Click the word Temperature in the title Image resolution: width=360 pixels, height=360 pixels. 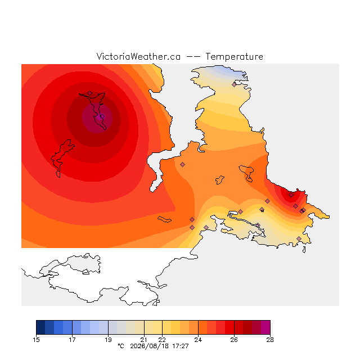[234, 56]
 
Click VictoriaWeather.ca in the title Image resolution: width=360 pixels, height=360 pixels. [138, 56]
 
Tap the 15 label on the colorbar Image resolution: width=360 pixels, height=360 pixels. [36, 340]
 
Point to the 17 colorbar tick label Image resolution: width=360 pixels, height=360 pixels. [72, 340]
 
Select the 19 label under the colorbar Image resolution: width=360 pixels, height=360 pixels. [108, 340]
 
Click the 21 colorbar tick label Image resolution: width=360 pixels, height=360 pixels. [144, 340]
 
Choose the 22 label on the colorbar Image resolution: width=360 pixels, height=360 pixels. [162, 340]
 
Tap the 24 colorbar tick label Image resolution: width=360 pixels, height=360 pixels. [198, 340]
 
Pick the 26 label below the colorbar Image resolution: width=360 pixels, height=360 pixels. [234, 340]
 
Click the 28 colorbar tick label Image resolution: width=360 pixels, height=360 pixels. [270, 340]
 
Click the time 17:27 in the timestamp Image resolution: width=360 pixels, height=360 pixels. [181, 346]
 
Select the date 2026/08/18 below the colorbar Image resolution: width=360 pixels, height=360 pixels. [150, 346]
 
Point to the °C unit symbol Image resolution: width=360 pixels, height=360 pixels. [121, 346]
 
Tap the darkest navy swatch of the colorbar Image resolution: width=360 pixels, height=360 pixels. [40, 327]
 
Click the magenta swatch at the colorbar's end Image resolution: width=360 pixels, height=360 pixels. [265, 327]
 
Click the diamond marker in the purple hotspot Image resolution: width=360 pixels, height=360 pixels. [102, 116]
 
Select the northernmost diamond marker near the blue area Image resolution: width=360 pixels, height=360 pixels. [234, 84]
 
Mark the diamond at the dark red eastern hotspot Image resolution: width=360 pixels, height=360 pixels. [291, 195]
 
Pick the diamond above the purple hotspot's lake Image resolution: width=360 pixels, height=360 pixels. [90, 93]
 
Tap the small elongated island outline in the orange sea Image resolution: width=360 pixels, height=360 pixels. [164, 219]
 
